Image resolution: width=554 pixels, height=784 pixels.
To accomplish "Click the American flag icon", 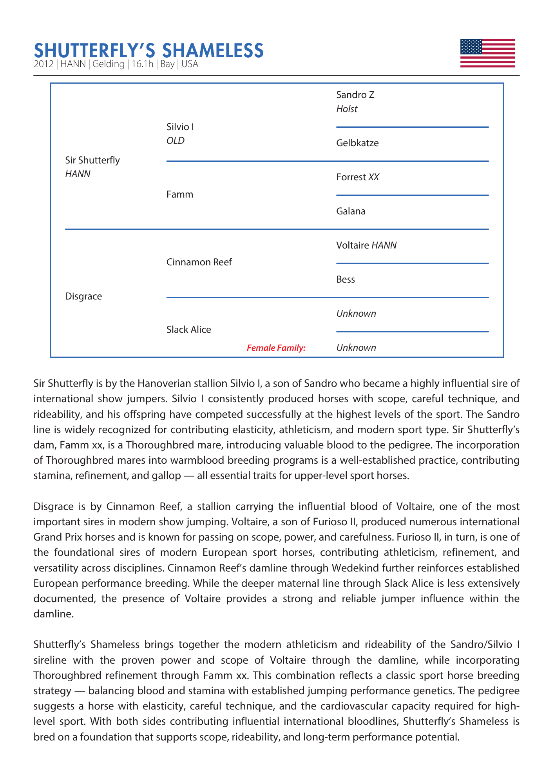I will click(x=487, y=53).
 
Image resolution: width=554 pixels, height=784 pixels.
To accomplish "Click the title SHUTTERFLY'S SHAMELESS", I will click(x=148, y=50).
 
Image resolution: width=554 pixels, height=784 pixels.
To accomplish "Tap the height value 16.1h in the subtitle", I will click(x=142, y=64).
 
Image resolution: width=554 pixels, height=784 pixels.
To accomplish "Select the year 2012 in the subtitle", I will click(x=43, y=64).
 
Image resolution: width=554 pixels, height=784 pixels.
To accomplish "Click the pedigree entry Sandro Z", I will click(x=355, y=95).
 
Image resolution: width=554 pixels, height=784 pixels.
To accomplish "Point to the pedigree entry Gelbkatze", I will click(x=357, y=143).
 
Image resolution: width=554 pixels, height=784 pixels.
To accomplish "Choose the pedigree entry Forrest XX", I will click(x=357, y=177).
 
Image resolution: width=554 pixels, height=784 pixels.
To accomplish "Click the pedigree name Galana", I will click(x=351, y=211).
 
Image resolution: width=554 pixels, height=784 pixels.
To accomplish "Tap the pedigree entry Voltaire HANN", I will click(x=366, y=245).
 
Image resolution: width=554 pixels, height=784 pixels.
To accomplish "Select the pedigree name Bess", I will click(x=346, y=279).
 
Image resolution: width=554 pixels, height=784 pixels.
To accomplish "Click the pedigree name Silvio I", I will click(x=180, y=127).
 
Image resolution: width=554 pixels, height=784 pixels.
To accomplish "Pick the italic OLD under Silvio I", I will click(x=175, y=141).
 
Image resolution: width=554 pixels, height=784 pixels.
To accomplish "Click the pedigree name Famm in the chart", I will click(x=179, y=194).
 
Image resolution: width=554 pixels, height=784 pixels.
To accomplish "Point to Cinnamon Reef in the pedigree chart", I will click(x=199, y=262).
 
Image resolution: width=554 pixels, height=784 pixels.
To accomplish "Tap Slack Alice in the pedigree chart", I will click(x=188, y=330).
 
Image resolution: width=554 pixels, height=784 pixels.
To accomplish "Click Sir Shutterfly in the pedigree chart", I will click(x=92, y=160).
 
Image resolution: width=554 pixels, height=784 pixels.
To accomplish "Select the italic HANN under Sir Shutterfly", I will click(x=78, y=174).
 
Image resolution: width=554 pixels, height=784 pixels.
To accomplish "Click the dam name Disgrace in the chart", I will click(x=83, y=296).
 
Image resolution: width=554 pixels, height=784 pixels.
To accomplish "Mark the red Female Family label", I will click(x=276, y=348).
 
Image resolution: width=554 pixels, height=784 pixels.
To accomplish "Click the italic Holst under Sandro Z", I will click(x=347, y=109).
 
